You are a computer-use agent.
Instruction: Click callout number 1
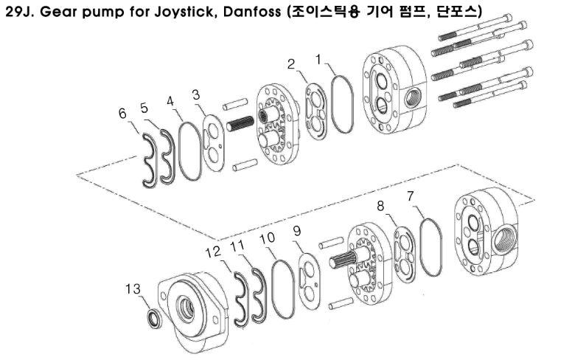318,57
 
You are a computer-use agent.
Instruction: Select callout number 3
196,94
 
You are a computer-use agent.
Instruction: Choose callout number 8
381,206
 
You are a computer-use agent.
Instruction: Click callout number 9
297,232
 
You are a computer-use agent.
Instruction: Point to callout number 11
237,245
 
